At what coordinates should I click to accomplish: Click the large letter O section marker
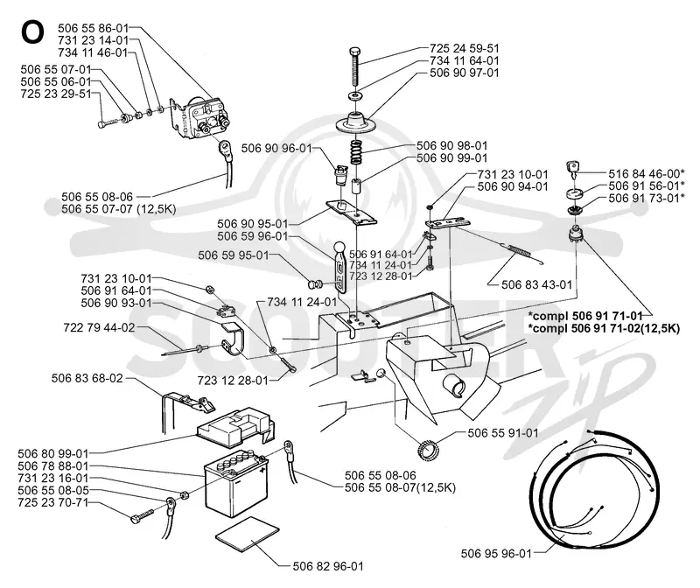tap(32, 32)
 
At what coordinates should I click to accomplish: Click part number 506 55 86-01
tap(93, 28)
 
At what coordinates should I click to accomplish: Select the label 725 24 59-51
tap(465, 48)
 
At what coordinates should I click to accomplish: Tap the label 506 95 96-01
tap(496, 554)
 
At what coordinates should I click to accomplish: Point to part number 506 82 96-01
tap(328, 566)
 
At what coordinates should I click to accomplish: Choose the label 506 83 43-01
tap(536, 284)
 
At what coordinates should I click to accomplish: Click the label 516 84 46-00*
tap(647, 173)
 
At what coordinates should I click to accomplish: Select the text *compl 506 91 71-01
tap(585, 316)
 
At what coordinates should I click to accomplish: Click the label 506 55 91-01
tap(503, 432)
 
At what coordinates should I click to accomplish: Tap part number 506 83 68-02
tap(87, 378)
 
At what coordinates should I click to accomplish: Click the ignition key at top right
tap(573, 171)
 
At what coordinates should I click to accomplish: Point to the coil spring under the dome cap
tap(356, 152)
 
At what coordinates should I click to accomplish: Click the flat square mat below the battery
tap(247, 535)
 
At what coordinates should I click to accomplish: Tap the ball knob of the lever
tap(339, 247)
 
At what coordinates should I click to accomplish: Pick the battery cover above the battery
tap(235, 427)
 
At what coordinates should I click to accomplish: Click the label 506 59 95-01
tap(234, 255)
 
